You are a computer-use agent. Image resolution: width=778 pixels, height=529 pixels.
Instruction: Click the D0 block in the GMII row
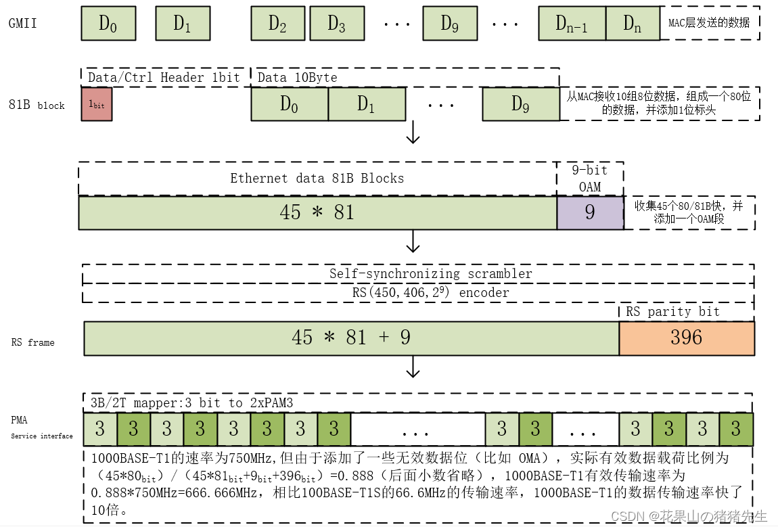click(x=108, y=24)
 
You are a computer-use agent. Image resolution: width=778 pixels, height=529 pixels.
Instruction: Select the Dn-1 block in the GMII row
click(x=572, y=24)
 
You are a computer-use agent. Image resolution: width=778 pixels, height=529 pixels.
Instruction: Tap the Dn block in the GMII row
click(x=632, y=24)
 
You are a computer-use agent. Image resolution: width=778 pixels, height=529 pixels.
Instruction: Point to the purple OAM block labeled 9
click(x=590, y=212)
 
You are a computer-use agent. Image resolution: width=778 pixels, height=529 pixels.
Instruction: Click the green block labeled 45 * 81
click(x=317, y=212)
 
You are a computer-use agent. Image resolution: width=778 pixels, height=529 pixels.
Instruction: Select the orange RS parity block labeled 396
click(x=686, y=338)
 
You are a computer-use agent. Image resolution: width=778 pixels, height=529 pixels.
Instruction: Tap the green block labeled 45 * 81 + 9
click(x=351, y=338)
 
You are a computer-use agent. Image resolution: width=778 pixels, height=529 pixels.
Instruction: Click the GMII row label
click(x=22, y=24)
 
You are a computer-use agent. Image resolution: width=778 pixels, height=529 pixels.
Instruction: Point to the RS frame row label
click(x=32, y=342)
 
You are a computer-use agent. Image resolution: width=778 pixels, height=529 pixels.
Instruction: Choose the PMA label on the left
click(x=19, y=420)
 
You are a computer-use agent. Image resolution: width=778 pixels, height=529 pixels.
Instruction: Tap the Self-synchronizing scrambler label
click(x=430, y=274)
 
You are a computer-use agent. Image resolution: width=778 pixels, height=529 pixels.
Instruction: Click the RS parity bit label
click(x=672, y=311)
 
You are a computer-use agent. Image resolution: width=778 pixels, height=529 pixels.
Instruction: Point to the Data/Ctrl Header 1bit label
click(x=164, y=77)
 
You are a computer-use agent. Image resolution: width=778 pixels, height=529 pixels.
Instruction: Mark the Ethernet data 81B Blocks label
click(x=317, y=179)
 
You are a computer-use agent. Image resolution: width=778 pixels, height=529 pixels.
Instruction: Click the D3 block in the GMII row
click(x=336, y=24)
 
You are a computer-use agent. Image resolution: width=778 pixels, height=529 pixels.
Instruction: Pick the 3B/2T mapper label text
click(x=196, y=403)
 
